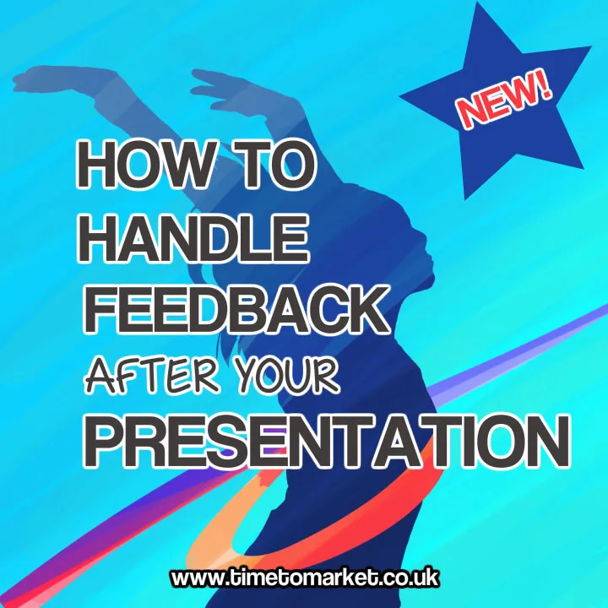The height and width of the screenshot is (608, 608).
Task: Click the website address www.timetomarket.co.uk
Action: pos(304,578)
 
